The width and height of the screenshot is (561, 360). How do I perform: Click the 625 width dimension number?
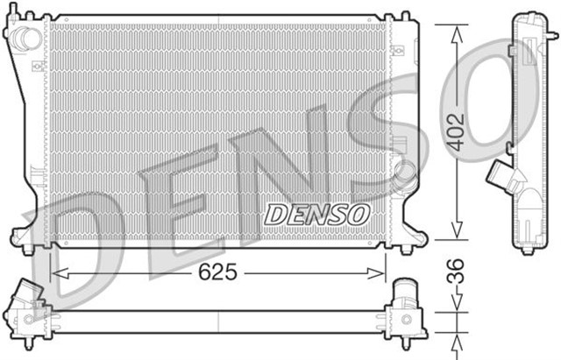click(219, 272)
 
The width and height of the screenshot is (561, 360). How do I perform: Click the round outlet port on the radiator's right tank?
click(404, 171)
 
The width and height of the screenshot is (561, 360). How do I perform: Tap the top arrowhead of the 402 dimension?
click(456, 32)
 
